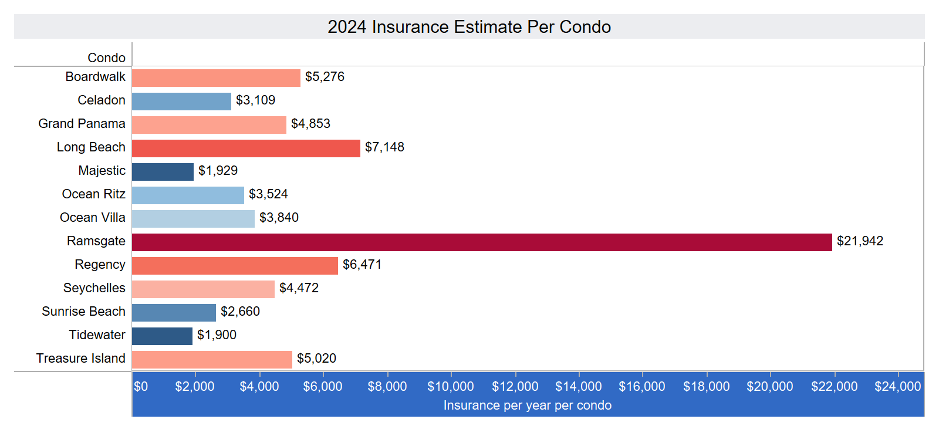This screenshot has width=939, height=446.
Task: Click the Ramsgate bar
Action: [x=481, y=242]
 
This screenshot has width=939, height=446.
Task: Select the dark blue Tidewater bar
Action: [x=162, y=336]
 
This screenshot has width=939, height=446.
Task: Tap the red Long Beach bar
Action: [x=246, y=148]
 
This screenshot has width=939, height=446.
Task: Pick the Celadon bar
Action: [x=181, y=101]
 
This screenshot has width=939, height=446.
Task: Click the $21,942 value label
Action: [x=860, y=241]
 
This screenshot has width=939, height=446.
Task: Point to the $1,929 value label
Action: [x=218, y=171]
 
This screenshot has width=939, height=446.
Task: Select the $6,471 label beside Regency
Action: [x=362, y=265]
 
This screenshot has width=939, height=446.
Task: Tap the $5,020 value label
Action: [x=316, y=359]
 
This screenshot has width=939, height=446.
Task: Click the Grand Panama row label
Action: [x=82, y=124]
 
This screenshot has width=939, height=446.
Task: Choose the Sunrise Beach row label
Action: [x=83, y=312]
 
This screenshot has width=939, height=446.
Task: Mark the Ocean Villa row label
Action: [x=92, y=218]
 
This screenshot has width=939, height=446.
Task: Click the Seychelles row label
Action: [x=94, y=288]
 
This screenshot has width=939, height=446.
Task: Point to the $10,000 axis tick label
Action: [x=451, y=386]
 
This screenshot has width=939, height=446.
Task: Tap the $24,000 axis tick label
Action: [x=897, y=386]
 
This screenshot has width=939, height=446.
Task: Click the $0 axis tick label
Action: [x=141, y=386]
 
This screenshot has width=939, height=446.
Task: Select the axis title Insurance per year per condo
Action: [x=527, y=406]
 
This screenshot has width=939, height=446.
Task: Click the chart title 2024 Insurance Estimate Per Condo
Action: [x=469, y=27]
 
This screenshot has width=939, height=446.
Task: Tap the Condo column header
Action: [x=106, y=58]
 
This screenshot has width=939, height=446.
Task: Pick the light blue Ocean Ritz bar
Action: [x=188, y=195]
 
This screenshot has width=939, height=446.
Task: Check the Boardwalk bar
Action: [x=216, y=77]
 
